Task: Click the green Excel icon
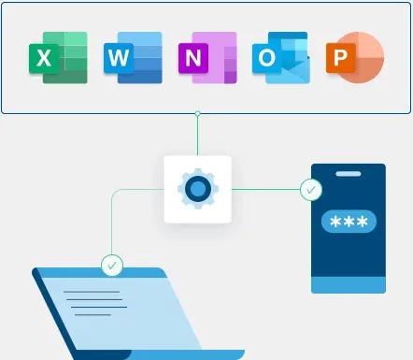[59, 58]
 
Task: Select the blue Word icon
[133, 58]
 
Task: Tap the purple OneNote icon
[206, 58]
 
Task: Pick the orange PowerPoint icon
[354, 58]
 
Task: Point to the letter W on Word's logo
[118, 59]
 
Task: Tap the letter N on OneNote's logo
[192, 59]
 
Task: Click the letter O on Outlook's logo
[266, 59]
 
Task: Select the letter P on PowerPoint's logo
[338, 59]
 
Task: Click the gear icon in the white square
[197, 190]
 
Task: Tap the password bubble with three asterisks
[349, 222]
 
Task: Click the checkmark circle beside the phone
[310, 190]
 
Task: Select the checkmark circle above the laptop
[112, 266]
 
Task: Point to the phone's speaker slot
[348, 175]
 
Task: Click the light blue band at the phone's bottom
[348, 284]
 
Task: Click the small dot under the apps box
[197, 114]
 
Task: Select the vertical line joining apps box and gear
[197, 136]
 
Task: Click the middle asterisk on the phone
[349, 222]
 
